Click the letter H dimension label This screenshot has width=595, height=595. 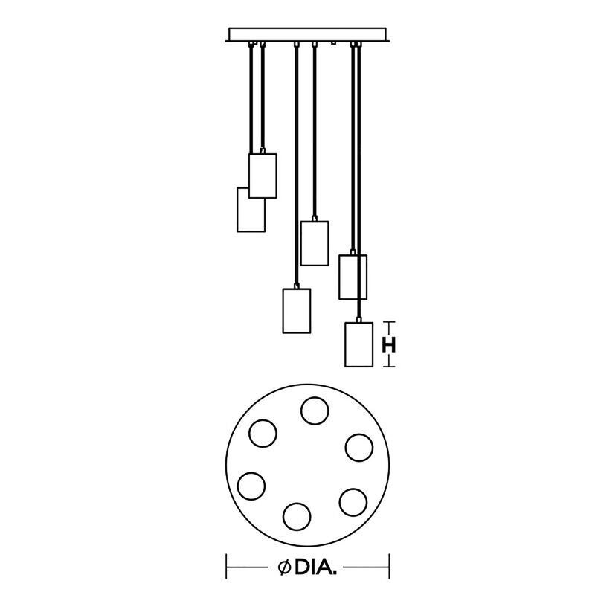click(x=388, y=345)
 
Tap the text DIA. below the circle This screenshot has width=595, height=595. click(x=315, y=567)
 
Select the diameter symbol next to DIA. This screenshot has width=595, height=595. click(x=284, y=567)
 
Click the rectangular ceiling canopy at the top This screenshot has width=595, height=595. click(x=307, y=34)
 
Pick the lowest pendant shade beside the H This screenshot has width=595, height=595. click(x=358, y=344)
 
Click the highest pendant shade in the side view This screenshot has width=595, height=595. click(x=263, y=176)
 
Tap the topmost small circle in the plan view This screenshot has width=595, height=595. click(x=315, y=411)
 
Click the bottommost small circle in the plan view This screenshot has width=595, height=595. click(x=297, y=516)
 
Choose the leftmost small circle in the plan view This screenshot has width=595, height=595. click(x=251, y=486)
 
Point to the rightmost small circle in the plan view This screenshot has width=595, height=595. click(x=359, y=447)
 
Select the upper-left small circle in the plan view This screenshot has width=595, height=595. click(x=263, y=433)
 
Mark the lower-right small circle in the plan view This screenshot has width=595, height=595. click(x=353, y=503)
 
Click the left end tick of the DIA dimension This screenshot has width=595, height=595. click(x=227, y=567)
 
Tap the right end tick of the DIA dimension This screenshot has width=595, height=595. click(x=389, y=567)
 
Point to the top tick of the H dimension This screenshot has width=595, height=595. click(x=388, y=322)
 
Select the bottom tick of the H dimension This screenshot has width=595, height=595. click(x=388, y=367)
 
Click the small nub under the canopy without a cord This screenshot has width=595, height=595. click(x=333, y=43)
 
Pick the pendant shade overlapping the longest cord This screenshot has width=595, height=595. click(x=353, y=277)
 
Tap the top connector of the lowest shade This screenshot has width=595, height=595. click(x=359, y=320)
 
